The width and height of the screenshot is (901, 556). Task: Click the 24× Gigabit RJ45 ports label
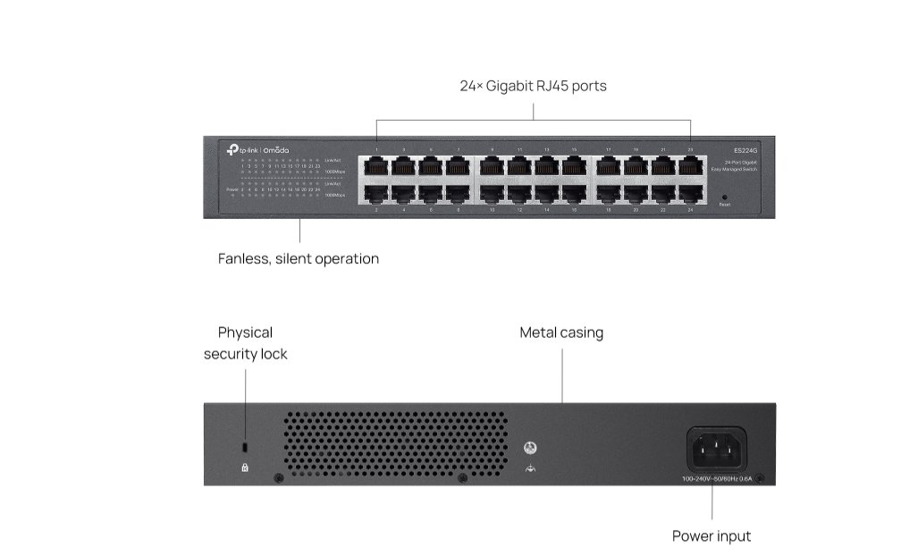[534, 87]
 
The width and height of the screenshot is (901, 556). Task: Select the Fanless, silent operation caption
[299, 259]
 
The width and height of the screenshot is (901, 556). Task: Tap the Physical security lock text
[246, 343]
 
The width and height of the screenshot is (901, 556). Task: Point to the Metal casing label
[561, 333]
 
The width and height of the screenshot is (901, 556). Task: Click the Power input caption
[712, 536]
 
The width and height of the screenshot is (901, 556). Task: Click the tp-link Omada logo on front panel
[258, 149]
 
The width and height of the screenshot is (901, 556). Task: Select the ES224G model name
[745, 150]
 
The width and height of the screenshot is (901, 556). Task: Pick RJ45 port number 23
[691, 166]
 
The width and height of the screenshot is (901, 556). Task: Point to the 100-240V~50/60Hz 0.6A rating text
[716, 479]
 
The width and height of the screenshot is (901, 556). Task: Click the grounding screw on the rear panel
[531, 446]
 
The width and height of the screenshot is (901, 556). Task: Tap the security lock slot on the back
[245, 446]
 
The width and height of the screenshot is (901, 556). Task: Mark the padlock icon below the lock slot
[245, 467]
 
